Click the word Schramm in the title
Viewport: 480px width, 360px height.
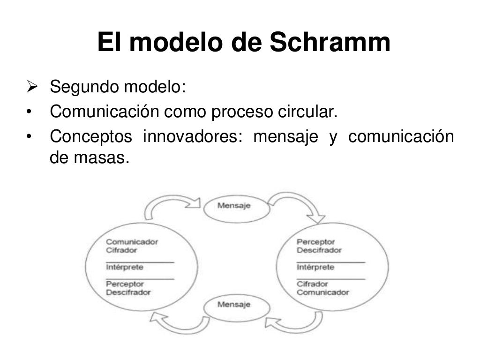pos(330,43)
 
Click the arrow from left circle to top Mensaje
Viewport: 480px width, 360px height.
pos(171,206)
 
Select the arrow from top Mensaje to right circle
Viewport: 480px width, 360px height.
pos(300,206)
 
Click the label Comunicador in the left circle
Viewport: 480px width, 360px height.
pos(132,242)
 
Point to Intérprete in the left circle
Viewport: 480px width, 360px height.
pos(124,267)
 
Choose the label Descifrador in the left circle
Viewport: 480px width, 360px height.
pos(128,292)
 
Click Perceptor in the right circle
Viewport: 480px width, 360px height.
pos(315,242)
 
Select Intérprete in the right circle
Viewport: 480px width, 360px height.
pos(315,267)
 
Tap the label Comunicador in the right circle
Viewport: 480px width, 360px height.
pos(322,292)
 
